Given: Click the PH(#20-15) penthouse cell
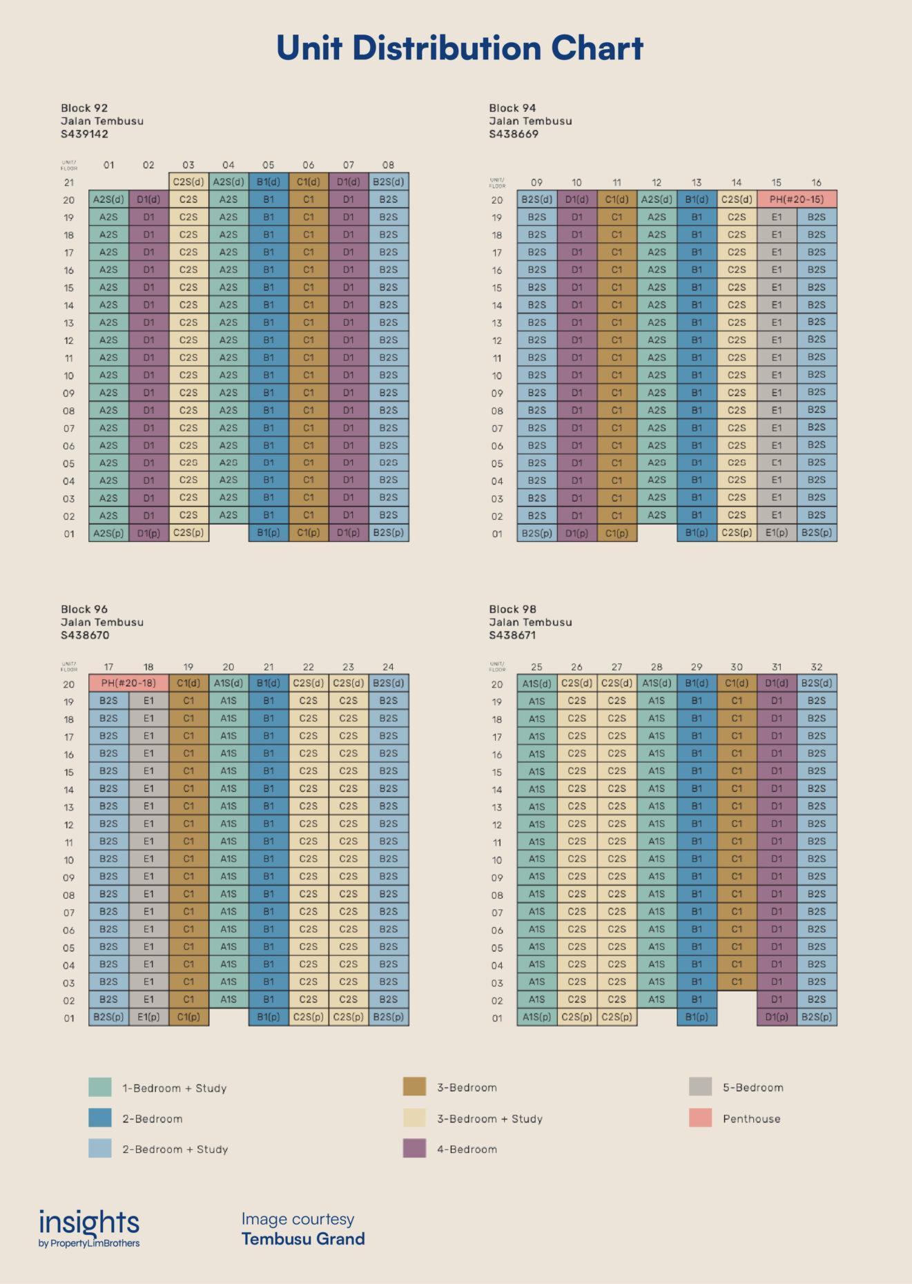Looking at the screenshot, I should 797,200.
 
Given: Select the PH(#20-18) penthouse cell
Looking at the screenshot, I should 128,683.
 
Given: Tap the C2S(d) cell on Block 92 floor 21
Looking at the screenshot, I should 188,182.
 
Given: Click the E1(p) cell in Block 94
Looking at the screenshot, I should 777,533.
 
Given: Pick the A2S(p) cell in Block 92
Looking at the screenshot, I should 108,533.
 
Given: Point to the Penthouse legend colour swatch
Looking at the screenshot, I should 700,1118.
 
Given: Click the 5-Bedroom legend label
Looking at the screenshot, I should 753,1087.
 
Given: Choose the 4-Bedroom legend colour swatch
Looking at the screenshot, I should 414,1149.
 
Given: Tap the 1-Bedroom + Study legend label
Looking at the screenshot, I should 175,1088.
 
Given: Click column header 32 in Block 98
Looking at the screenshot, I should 817,667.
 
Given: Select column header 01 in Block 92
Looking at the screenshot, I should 108,165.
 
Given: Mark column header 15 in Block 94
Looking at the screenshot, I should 777,183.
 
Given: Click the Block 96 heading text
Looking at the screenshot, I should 84,609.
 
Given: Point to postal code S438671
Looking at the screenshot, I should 512,635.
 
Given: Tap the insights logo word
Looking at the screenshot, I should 89,1223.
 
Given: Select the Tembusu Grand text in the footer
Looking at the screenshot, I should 303,1239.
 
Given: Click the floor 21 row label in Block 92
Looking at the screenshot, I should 69,183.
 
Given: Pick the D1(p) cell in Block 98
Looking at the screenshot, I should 777,1017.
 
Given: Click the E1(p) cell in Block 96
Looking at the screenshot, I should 148,1017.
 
